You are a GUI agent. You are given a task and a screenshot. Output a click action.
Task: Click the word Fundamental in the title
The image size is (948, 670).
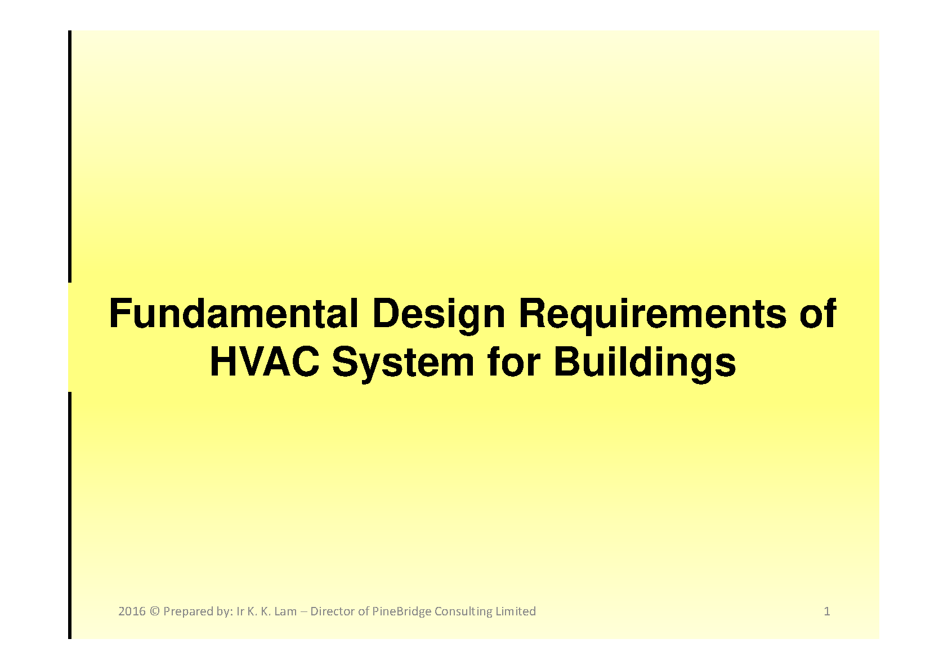pos(234,314)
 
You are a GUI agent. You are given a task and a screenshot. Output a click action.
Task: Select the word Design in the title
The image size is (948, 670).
pos(439,316)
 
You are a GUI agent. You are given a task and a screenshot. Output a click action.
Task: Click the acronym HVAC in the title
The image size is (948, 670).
pos(265,362)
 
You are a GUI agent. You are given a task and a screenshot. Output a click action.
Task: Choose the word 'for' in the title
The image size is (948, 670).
pos(514,362)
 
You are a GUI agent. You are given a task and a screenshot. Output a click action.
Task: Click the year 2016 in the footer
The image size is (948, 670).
pos(132,611)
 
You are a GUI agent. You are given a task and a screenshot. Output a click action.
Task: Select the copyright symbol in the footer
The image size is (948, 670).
pos(154,611)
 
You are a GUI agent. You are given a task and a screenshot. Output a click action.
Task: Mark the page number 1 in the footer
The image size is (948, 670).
pos(827,611)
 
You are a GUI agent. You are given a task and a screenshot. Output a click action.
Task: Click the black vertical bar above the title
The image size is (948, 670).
pos(70,156)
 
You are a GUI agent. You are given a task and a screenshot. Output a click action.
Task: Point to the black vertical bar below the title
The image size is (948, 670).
pos(70,515)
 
